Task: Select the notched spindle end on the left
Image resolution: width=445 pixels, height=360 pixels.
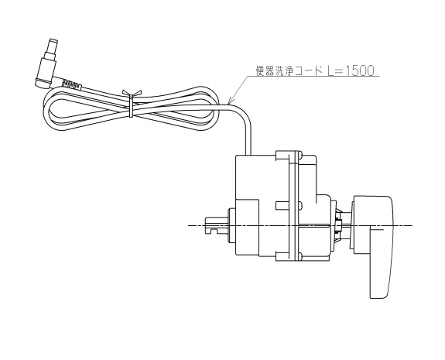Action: (x=215, y=225)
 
